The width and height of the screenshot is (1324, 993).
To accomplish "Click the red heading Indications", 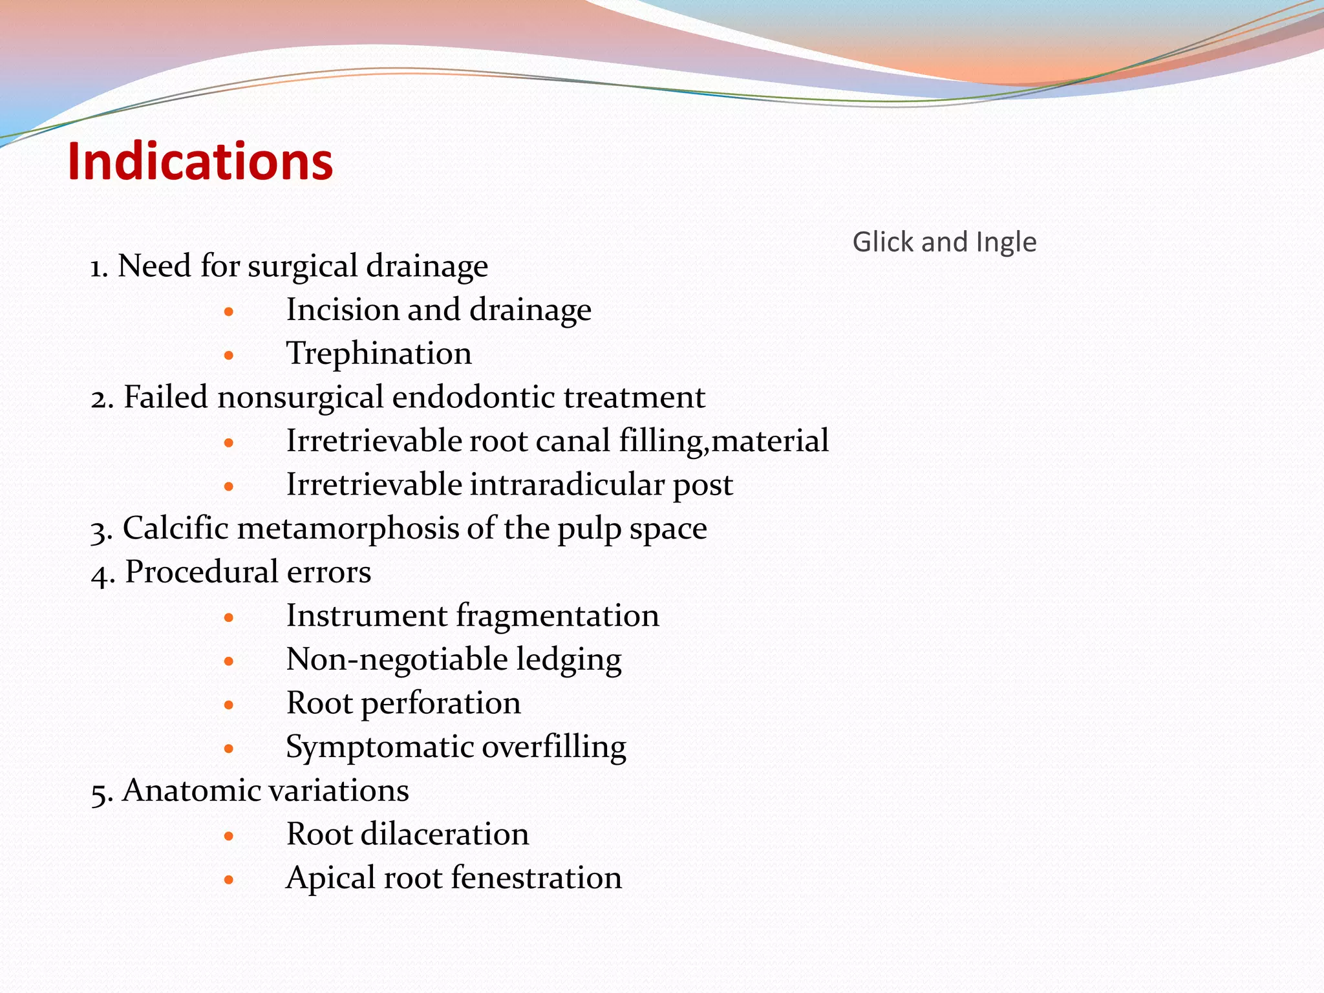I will click(200, 162).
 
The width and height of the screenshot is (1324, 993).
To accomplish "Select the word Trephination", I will click(379, 354).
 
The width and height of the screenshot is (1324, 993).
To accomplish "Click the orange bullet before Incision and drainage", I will click(228, 312).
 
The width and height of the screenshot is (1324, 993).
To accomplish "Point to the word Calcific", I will click(175, 528).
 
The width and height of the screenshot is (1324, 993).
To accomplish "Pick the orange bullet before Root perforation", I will click(228, 705).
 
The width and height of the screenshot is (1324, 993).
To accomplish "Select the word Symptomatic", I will click(379, 748).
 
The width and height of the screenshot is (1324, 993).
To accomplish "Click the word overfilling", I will click(554, 747).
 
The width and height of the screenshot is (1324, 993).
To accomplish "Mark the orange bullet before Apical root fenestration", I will click(228, 880).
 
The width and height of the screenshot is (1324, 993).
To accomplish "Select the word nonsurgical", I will click(301, 398).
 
